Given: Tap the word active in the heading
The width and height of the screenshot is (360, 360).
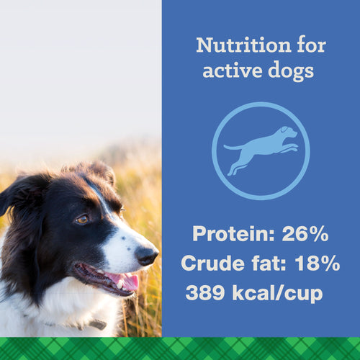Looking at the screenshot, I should [229, 72].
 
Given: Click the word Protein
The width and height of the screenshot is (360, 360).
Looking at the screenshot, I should [232, 234].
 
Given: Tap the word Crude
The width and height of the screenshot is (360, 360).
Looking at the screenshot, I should [213, 264].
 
